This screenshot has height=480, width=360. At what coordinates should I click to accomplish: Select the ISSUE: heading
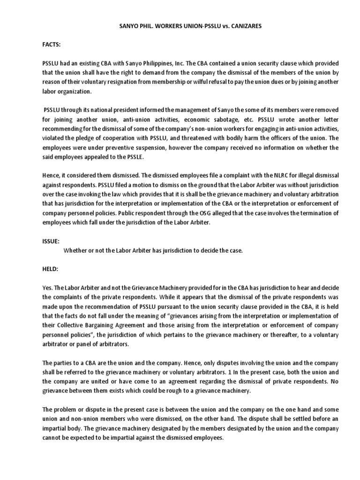pos(50,241)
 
